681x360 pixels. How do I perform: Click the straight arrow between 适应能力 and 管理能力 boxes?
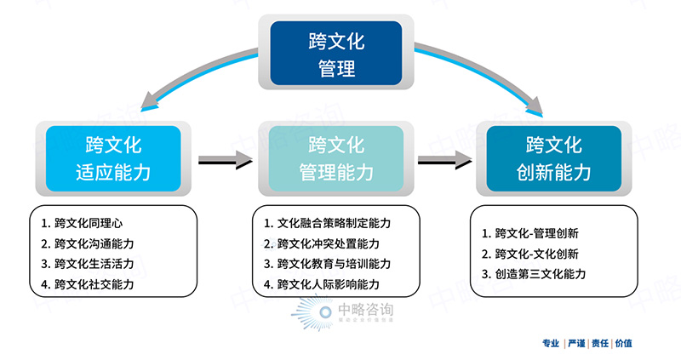(226, 159)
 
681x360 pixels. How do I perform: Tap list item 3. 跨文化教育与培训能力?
(327, 264)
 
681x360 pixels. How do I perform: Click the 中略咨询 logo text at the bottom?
(366, 311)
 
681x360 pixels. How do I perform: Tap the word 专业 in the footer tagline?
(551, 344)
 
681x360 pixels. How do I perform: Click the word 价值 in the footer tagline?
(623, 344)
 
